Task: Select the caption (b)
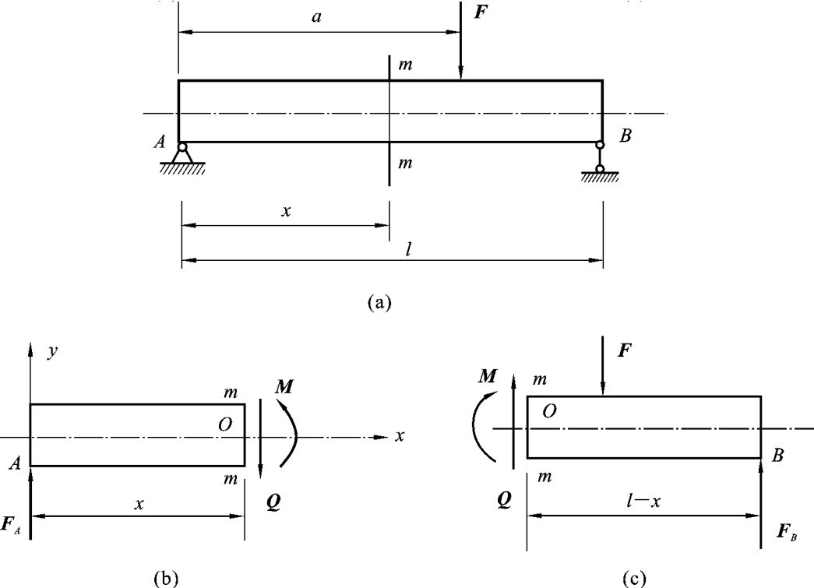click(x=167, y=577)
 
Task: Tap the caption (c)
click(x=636, y=577)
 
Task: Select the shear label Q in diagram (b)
click(x=273, y=504)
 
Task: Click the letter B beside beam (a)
click(x=625, y=136)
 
